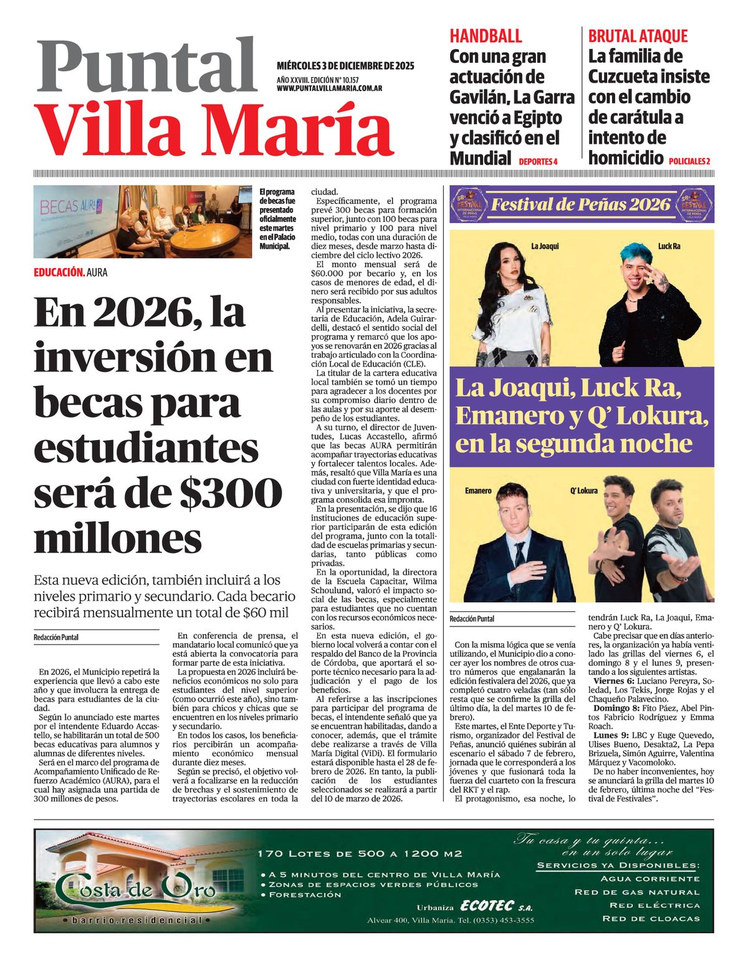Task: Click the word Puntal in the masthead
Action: pos(147,65)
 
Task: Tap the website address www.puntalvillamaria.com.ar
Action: pos(329,89)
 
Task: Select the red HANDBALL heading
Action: pos(486,36)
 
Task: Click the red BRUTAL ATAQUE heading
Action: pos(638,36)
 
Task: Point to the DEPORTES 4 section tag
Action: pos(537,161)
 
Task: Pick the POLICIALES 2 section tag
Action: pos(689,161)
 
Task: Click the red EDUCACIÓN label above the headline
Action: pos(59,272)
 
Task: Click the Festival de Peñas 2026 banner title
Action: pos(580,204)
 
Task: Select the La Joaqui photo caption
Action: pos(545,246)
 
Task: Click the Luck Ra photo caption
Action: pos(669,246)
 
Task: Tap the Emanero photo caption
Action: pos(478,491)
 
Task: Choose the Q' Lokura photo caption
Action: pos(583,491)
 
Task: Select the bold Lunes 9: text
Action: pos(607,736)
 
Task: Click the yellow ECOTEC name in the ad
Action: pos(487,906)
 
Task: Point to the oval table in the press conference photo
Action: pos(206,236)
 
